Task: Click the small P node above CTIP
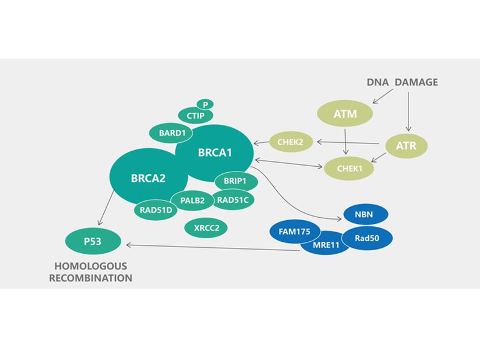click(205, 104)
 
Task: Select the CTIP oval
click(196, 115)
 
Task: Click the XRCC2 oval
click(206, 227)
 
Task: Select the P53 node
click(93, 241)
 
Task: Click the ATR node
click(406, 145)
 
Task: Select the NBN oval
click(366, 214)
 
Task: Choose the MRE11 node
click(326, 244)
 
